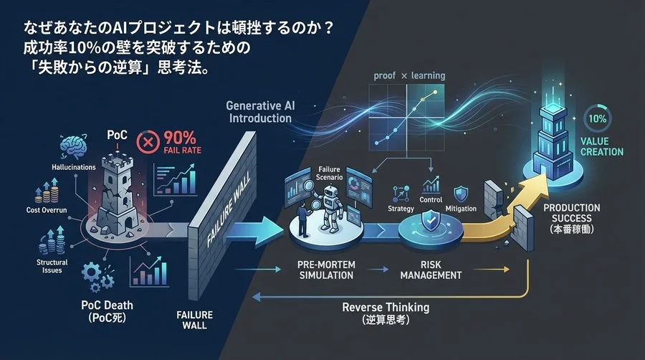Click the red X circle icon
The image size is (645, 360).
148,143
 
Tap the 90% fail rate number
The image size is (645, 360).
180,138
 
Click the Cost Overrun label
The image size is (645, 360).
47,210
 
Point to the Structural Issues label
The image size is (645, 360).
52,266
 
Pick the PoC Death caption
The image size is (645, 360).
107,311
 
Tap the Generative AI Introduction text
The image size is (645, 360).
260,112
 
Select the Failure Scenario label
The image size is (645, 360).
329,174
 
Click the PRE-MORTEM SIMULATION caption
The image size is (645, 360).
326,270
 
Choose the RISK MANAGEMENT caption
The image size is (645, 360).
431,270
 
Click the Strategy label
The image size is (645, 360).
401,209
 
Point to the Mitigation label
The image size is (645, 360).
461,209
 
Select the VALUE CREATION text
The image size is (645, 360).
602,146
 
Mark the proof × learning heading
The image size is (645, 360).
409,76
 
